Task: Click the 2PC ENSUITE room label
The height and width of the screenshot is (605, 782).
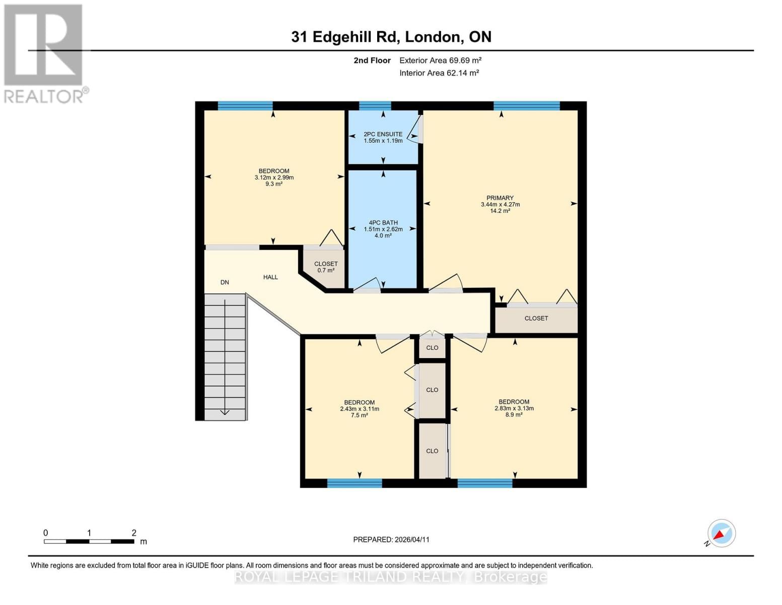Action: tap(383, 134)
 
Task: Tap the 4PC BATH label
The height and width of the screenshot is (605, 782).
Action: tap(383, 222)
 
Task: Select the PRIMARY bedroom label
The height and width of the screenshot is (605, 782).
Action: tap(500, 198)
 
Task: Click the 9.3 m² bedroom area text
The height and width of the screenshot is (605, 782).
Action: tap(274, 184)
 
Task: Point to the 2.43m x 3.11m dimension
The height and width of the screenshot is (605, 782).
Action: tap(359, 409)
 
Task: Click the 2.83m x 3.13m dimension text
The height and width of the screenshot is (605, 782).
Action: tap(514, 408)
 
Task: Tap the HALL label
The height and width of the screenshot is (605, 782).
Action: tap(270, 277)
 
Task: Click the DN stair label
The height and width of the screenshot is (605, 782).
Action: tap(225, 282)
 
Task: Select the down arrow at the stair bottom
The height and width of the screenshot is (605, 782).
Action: tap(225, 412)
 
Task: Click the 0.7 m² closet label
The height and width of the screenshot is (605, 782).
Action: tap(326, 270)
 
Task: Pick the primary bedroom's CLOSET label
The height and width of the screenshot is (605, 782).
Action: tap(536, 318)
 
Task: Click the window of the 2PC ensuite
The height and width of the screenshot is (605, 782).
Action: tap(375, 106)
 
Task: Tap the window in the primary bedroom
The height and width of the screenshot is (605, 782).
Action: tap(526, 106)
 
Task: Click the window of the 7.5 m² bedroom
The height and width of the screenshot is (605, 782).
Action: tap(354, 483)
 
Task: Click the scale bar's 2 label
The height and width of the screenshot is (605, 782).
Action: tap(134, 533)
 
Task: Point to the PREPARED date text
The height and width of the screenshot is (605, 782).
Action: tap(391, 539)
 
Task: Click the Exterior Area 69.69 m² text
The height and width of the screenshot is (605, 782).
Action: tap(440, 60)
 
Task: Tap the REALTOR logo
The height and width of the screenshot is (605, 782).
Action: tap(44, 53)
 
